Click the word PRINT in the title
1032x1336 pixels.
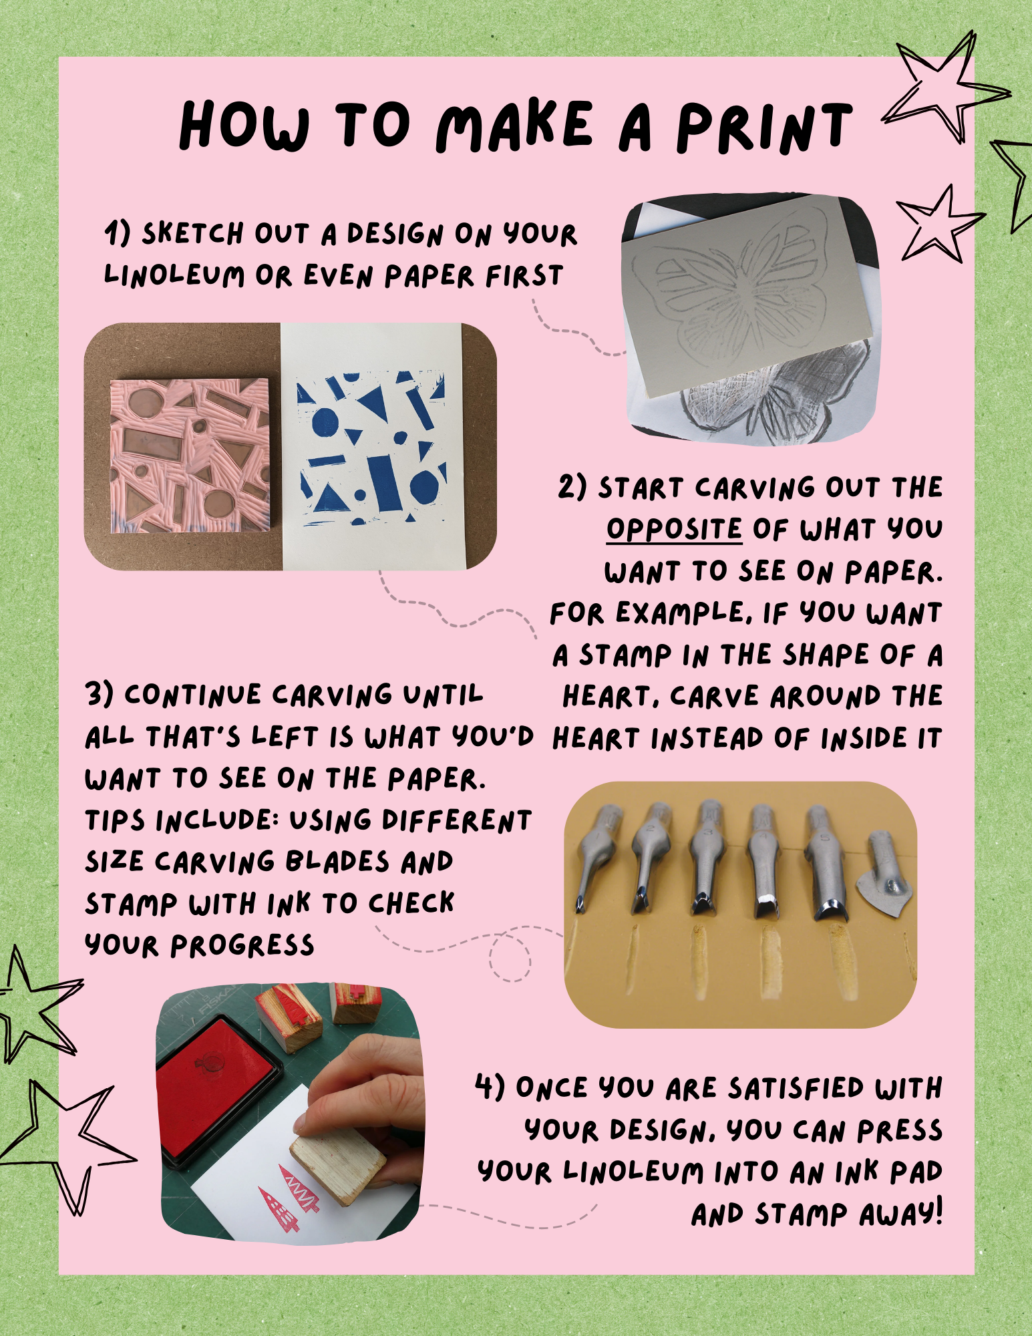pos(764,127)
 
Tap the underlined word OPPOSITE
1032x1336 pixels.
pos(674,530)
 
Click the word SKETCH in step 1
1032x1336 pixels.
pos(192,234)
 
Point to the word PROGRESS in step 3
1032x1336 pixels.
pos(242,946)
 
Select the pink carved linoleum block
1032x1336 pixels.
pos(190,456)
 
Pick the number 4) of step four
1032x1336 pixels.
pos(490,1087)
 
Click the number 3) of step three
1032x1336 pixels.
pos(100,695)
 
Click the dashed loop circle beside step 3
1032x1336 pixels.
pos(510,957)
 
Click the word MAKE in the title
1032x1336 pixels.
pos(514,127)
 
